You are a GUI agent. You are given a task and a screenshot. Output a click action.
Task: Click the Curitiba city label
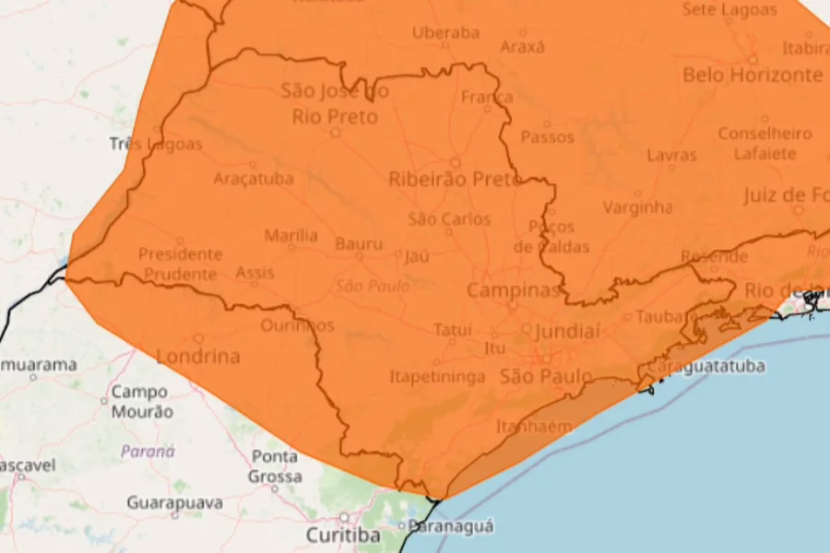(343, 535)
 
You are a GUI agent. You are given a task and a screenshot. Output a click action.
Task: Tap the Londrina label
(197, 357)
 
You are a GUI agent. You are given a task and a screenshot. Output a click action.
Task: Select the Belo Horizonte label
(752, 76)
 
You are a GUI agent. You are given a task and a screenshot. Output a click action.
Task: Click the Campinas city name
(514, 290)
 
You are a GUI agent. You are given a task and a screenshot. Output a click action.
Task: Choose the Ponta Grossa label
(275, 466)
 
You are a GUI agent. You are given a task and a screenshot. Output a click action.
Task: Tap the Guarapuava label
(175, 503)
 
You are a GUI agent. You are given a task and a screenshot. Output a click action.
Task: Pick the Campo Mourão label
(141, 402)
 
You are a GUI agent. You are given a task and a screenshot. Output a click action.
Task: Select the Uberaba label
(445, 33)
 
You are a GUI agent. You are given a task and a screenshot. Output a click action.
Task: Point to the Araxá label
(522, 47)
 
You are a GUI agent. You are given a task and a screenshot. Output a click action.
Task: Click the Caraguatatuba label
(706, 367)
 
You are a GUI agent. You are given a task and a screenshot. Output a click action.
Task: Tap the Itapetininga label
(437, 377)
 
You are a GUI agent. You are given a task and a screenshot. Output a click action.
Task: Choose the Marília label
(290, 236)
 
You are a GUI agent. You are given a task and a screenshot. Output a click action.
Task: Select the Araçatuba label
(254, 179)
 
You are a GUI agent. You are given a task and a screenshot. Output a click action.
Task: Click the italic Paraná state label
(148, 452)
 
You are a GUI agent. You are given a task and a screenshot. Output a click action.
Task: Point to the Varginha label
(637, 207)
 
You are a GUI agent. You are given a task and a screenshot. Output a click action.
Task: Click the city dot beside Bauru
(359, 256)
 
